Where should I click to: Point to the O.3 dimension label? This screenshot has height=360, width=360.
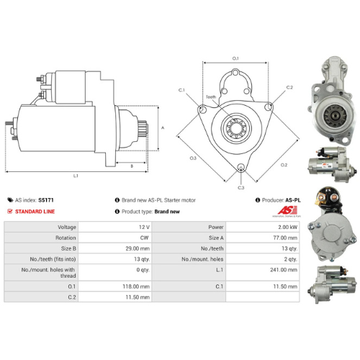(193, 158)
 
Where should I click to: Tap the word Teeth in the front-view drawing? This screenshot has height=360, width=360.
(210, 96)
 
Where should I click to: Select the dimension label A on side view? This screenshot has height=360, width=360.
(163, 127)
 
